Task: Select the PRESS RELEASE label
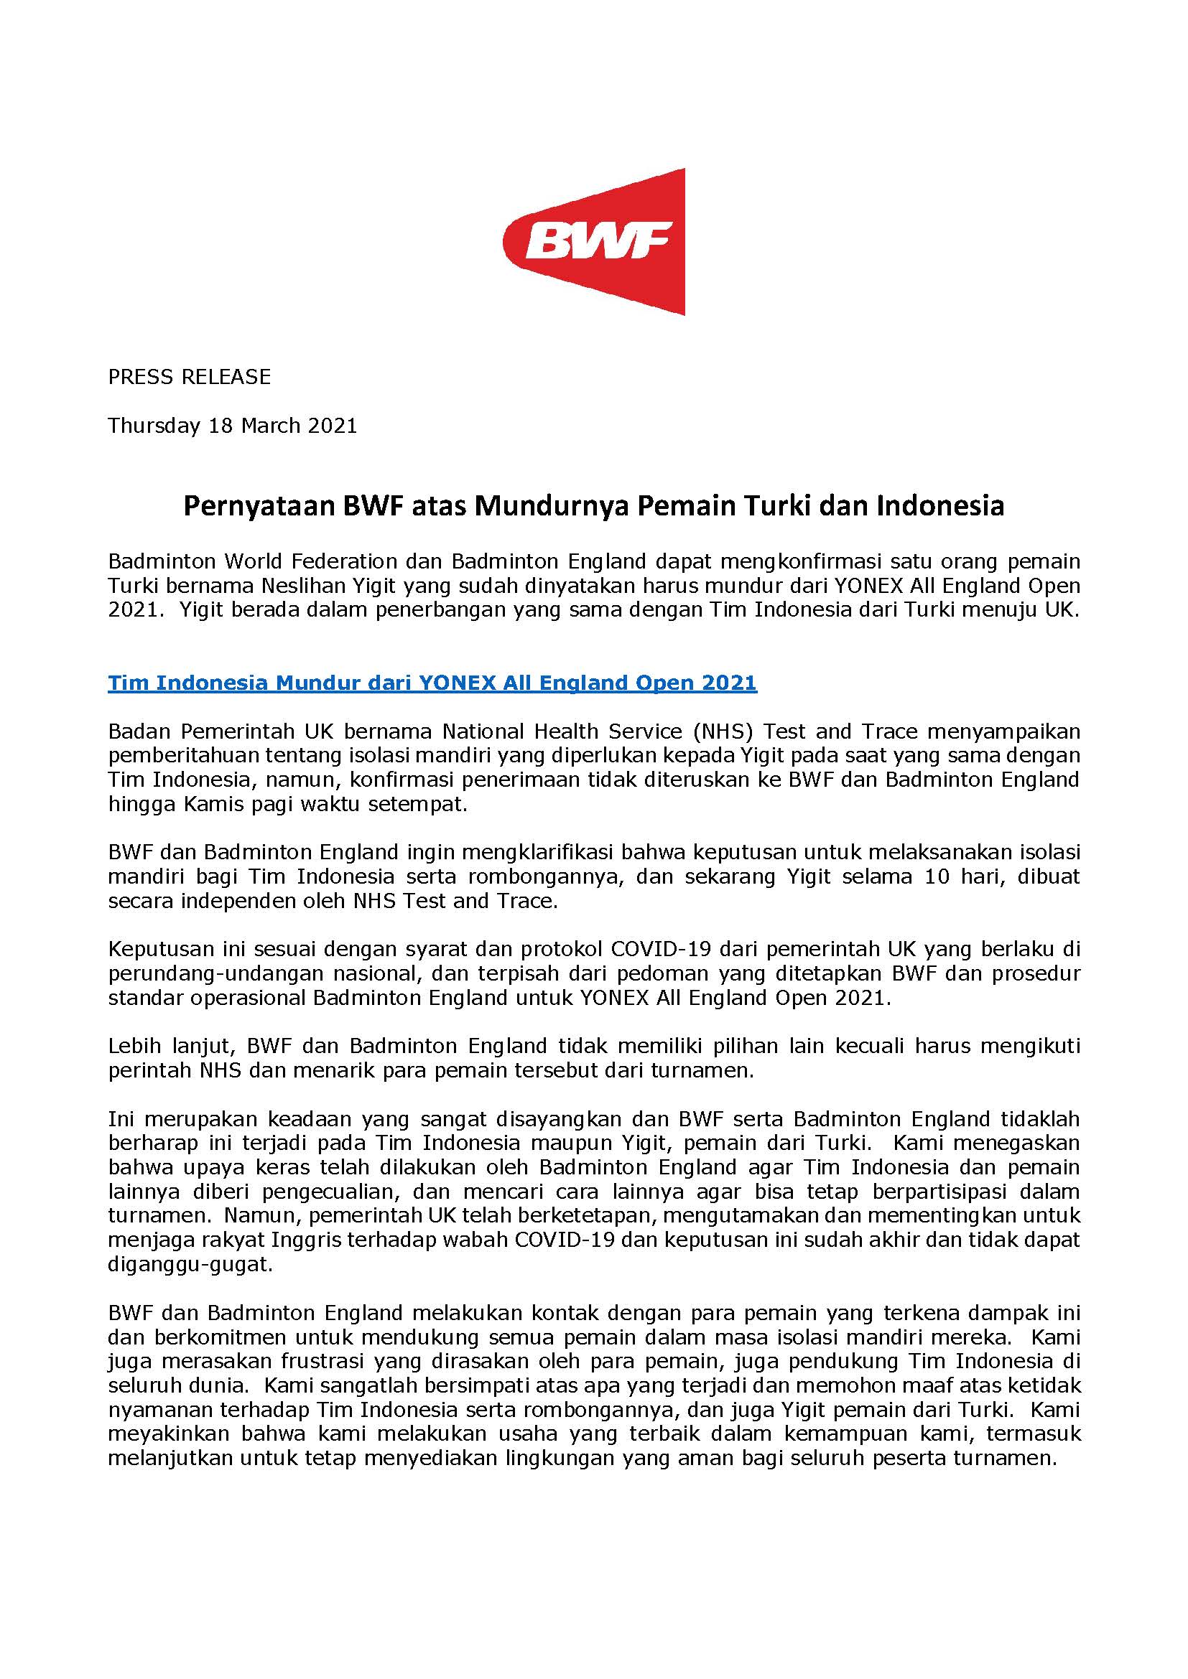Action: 190,377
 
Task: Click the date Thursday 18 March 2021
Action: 233,426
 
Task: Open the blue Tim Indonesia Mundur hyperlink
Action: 432,683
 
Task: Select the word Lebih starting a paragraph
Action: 131,1047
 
